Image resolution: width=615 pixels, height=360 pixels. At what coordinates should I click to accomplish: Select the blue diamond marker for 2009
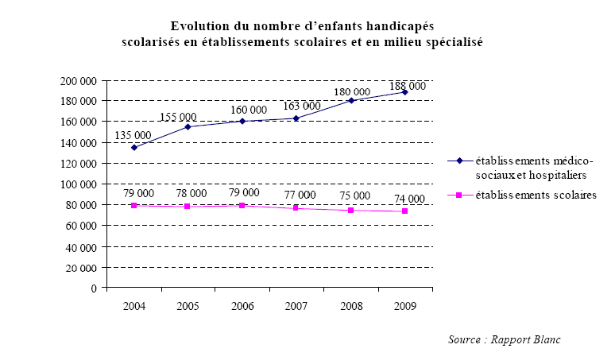[x=404, y=92]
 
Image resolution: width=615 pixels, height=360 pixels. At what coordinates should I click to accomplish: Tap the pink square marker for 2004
[x=133, y=205]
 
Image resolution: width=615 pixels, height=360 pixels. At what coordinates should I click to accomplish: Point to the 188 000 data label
[x=408, y=86]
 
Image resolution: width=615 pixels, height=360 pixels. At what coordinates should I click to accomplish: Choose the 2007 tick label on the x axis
[x=296, y=305]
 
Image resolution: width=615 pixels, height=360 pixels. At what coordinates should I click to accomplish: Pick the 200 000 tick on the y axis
[x=79, y=81]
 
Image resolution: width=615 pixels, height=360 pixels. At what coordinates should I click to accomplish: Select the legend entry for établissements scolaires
[x=530, y=194]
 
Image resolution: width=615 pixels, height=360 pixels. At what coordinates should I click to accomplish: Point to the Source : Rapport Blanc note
[x=504, y=339]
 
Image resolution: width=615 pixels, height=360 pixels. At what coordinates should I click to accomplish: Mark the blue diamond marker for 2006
[x=242, y=121]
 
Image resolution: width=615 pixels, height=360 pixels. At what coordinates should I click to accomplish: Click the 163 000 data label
[x=301, y=106]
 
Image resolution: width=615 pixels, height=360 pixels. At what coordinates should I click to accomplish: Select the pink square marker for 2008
[x=350, y=210]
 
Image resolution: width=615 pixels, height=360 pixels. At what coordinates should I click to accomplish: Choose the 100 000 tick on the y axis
[x=79, y=184]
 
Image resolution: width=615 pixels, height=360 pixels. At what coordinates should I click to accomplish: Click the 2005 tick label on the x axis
[x=188, y=305]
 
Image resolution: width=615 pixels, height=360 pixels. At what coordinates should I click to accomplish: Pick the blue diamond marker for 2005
[x=188, y=126]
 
